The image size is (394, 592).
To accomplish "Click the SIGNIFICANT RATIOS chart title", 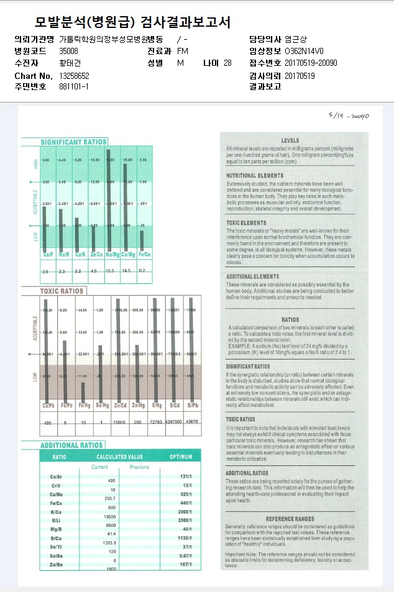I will point(73,142).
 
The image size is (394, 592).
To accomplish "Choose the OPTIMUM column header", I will point(181,457).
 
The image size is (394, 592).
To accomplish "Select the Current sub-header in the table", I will point(99,467).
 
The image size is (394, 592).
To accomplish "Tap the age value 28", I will point(227,63).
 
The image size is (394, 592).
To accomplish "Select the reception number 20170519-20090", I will point(311,63).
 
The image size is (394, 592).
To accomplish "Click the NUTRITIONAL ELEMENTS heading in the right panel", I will point(255,176).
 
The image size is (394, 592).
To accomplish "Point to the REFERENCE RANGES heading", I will point(290,519).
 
